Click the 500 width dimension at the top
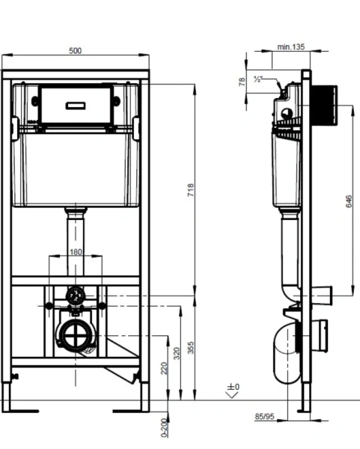tap(75, 51)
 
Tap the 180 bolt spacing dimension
tap(75, 253)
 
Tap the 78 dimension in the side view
tap(241, 82)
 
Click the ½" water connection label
tap(258, 79)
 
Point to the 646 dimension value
tap(349, 202)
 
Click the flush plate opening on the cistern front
tap(76, 105)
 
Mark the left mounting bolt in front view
tap(49, 305)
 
